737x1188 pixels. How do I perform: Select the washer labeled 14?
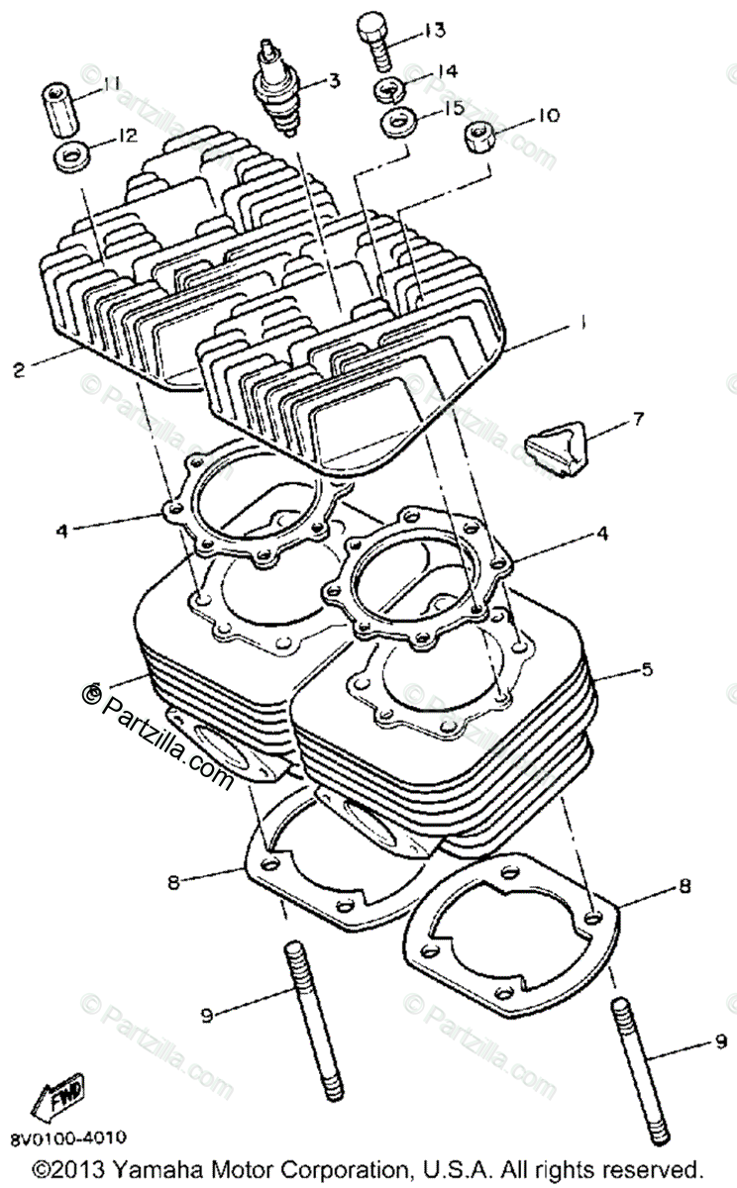click(x=389, y=88)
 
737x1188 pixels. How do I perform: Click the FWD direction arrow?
click(x=58, y=1097)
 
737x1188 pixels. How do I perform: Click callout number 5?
click(x=646, y=670)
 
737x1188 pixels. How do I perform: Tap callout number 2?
click(x=18, y=371)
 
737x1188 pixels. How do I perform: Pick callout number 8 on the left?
click(x=174, y=879)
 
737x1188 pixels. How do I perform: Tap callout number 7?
click(x=638, y=420)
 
